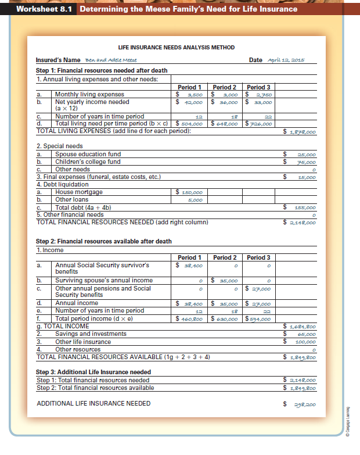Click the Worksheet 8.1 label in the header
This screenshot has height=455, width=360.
(38, 9)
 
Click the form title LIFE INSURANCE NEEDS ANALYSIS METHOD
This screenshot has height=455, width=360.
(176, 47)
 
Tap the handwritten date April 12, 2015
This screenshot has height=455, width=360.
(287, 60)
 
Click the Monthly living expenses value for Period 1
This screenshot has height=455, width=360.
(190, 94)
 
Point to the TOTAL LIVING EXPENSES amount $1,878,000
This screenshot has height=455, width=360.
(303, 131)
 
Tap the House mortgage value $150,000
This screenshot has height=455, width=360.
(190, 192)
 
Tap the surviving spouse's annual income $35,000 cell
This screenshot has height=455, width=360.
(224, 281)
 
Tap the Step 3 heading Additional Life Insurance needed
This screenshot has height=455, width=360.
(93, 372)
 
